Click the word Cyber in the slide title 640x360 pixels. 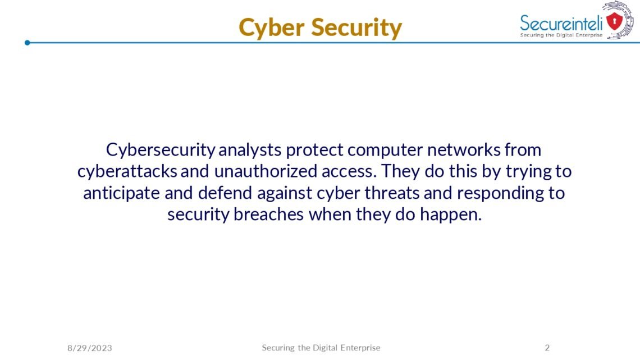click(271, 28)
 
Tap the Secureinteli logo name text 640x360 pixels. click(561, 23)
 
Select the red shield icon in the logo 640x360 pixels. click(615, 21)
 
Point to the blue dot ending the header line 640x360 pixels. click(27, 43)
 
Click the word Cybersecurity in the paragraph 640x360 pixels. click(161, 150)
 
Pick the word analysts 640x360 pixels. click(250, 150)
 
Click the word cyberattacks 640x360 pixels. click(127, 171)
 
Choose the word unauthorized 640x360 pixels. click(263, 171)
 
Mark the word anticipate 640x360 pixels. click(121, 193)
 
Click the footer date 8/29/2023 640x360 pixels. click(90, 348)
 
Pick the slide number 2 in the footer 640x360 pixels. click(547, 348)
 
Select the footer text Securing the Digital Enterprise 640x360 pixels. click(321, 348)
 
